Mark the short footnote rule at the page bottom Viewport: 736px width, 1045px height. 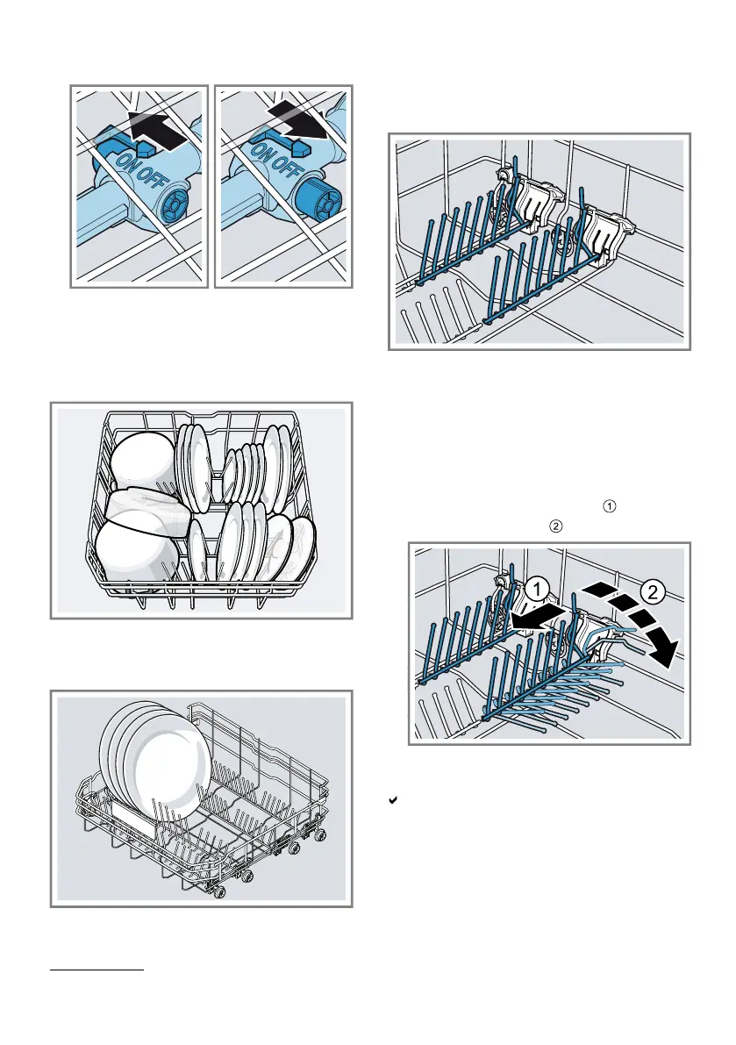(95, 970)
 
